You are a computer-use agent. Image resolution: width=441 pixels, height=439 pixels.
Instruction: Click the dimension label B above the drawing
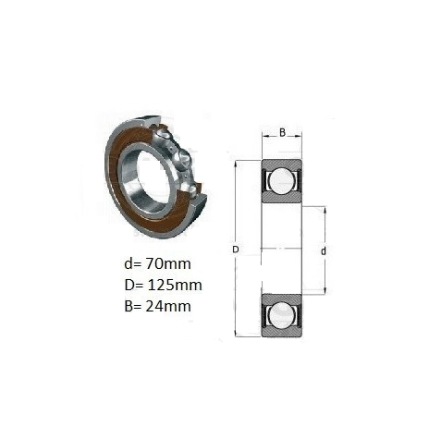pyautogui.click(x=282, y=132)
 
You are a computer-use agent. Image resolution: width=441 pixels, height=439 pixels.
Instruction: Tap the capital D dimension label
pyautogui.click(x=236, y=250)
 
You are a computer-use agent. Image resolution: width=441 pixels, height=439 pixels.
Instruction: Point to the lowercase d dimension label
pyautogui.click(x=323, y=251)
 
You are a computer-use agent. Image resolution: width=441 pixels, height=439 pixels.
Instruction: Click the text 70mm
pyautogui.click(x=168, y=263)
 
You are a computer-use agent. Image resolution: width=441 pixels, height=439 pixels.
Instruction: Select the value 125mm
pyautogui.click(x=175, y=285)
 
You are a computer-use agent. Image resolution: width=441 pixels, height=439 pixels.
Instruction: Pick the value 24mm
pyautogui.click(x=168, y=306)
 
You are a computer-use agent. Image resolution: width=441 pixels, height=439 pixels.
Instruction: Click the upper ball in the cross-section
pyautogui.click(x=281, y=181)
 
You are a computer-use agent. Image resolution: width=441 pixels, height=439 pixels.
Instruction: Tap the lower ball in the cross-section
pyautogui.click(x=281, y=315)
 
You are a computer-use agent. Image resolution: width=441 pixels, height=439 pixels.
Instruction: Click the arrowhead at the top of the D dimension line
pyautogui.click(x=236, y=164)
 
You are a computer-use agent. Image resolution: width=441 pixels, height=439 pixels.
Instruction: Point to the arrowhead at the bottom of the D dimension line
pyautogui.click(x=236, y=334)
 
